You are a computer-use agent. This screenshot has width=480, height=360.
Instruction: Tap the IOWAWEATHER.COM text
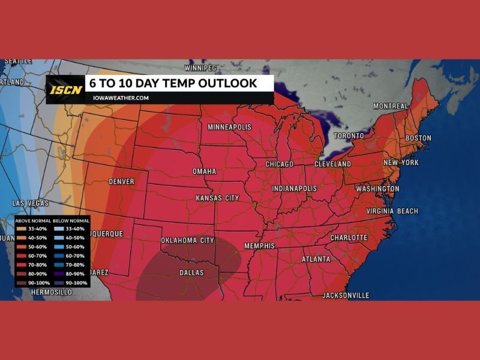121,98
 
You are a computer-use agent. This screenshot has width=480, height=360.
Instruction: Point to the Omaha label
204,172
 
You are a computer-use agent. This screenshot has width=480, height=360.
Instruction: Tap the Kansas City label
217,198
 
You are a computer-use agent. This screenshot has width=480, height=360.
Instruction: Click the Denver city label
121,181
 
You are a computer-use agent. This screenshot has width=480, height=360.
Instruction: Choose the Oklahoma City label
187,241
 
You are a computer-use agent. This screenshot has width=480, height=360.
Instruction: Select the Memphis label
259,246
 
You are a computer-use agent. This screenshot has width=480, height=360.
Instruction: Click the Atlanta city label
316,259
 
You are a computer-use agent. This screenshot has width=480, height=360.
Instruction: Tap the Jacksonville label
346,295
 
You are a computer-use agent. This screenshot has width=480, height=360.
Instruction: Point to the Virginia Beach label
392,211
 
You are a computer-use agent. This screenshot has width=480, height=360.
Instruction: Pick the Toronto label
348,136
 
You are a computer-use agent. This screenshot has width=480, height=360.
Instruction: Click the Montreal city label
391,106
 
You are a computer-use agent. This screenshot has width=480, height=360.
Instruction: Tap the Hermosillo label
52,292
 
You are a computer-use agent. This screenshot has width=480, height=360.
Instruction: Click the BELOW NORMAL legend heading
70,221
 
